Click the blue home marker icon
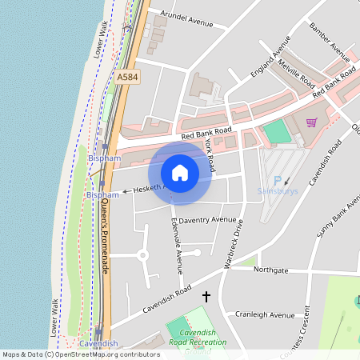[x=180, y=172]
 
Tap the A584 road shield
[x=126, y=77]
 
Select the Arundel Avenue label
[x=187, y=18]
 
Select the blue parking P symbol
[x=278, y=181]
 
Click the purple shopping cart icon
[x=311, y=122]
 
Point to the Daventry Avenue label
[x=207, y=219]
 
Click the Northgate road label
[x=270, y=270]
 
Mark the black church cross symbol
[x=206, y=297]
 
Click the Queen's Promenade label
[x=106, y=237]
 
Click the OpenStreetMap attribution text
[x=80, y=354]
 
